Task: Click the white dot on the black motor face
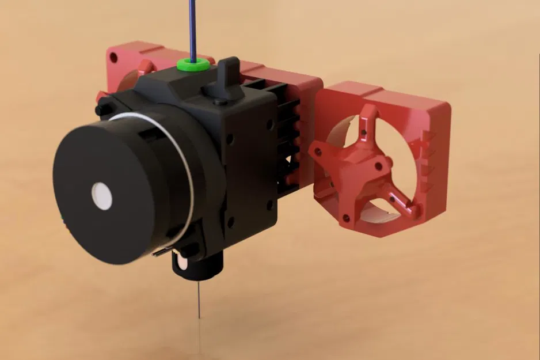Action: (102, 195)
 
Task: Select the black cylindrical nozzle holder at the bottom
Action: (199, 265)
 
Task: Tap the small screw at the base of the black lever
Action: (217, 102)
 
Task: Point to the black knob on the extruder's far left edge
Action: (102, 107)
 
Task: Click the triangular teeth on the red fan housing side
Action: (428, 156)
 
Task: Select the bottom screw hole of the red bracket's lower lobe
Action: (346, 218)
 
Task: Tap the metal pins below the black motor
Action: (164, 252)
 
